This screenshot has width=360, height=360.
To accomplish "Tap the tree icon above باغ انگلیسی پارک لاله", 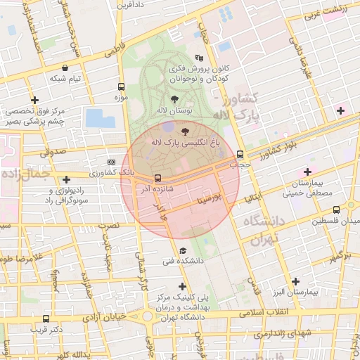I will click(185, 131).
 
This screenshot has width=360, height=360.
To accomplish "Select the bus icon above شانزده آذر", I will click(157, 178).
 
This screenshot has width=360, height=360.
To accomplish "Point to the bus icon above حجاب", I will click(240, 154).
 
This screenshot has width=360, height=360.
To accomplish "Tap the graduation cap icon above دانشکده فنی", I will click(183, 250).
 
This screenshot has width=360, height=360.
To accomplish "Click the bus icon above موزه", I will click(120, 88).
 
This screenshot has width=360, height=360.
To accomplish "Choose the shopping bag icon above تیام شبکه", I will click(65, 67).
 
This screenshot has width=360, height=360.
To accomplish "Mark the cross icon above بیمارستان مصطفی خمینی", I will click(307, 172).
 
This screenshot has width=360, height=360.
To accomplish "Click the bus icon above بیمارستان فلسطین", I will click(337, 210).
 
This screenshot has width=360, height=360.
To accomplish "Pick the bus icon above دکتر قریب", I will click(46, 318).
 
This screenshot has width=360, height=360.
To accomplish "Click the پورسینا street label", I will click(210, 200).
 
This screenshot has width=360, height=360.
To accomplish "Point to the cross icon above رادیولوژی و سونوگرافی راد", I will click(66, 179).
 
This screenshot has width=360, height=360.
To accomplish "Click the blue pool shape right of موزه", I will click(100, 117).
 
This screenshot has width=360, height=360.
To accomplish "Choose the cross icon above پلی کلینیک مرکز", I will click(183, 286).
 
